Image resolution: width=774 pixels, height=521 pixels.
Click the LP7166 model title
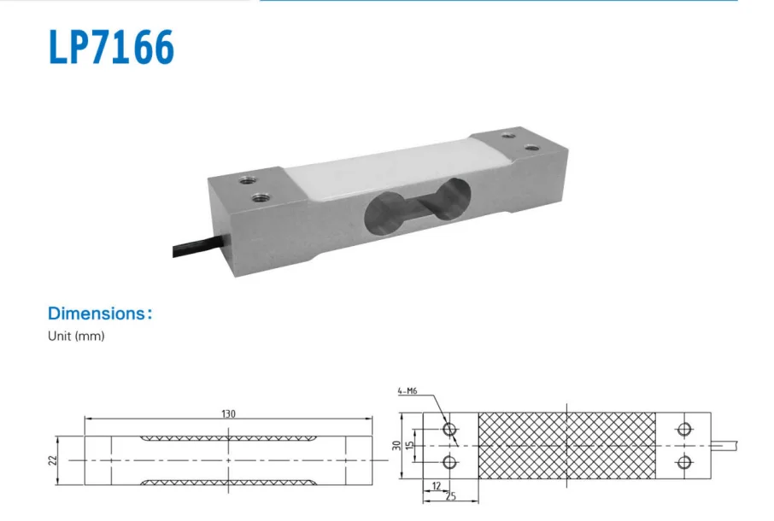[111, 49]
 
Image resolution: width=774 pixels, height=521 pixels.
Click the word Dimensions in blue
[97, 313]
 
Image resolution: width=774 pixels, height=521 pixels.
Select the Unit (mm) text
[76, 337]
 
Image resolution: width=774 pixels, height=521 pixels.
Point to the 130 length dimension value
[229, 413]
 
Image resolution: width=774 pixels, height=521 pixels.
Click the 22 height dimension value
[53, 460]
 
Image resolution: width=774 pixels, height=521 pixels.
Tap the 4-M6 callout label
[408, 391]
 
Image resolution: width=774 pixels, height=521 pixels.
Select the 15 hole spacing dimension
[410, 446]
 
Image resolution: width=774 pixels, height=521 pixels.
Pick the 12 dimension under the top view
[437, 486]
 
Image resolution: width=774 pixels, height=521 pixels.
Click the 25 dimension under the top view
[449, 495]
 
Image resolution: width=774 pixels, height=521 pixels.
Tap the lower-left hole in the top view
[449, 462]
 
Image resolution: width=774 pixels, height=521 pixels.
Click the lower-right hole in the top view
[683, 462]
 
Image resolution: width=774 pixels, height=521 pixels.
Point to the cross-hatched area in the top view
[567, 445]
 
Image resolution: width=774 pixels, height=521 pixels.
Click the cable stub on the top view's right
[725, 445]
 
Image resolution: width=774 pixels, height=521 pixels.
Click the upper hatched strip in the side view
[229, 438]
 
